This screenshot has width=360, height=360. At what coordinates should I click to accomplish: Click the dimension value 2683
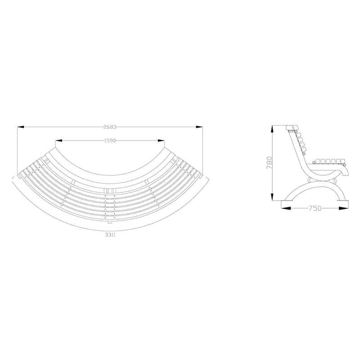(x=110, y=127)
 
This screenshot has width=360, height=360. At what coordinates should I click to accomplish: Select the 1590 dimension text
(x=110, y=140)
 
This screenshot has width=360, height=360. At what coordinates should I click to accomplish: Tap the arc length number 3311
(x=110, y=235)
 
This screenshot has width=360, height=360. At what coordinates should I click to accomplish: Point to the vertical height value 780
(x=269, y=163)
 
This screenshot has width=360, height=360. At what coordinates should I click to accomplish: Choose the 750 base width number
(x=315, y=208)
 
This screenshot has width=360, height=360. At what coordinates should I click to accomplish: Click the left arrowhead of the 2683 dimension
(x=21, y=127)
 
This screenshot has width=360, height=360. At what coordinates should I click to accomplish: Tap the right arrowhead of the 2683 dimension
(x=199, y=127)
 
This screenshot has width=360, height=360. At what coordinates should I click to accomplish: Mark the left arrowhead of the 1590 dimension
(x=59, y=140)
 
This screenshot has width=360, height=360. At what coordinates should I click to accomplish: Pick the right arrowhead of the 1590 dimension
(x=161, y=140)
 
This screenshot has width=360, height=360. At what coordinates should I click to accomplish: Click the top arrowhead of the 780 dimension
(x=272, y=129)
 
